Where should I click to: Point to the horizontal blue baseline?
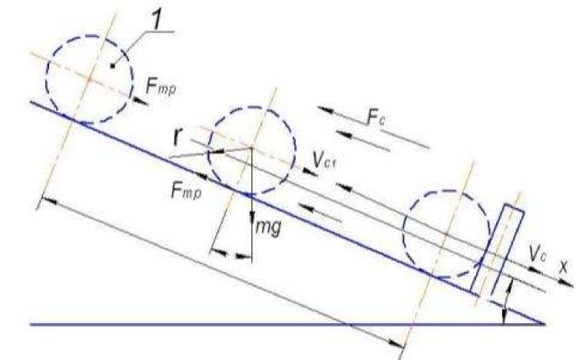230,324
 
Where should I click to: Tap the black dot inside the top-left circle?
112,66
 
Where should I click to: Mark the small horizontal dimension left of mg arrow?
231,252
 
